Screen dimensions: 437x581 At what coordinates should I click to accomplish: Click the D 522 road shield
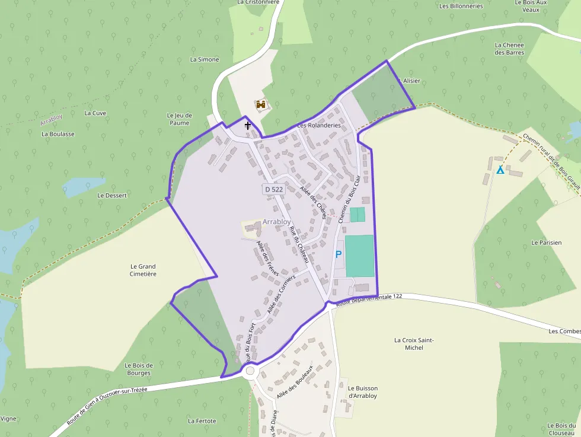tap(274, 189)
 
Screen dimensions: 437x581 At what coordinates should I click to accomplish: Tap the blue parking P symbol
tap(339, 254)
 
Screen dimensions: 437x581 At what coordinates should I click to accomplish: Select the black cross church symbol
tap(248, 126)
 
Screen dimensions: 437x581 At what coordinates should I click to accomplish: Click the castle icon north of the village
tap(260, 105)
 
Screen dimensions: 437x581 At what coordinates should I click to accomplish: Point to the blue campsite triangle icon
tap(500, 170)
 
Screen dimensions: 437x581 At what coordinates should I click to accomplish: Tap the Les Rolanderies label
tap(319, 126)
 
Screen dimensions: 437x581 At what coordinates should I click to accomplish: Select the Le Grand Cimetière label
tap(143, 270)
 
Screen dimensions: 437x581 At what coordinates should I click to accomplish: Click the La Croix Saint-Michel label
tap(414, 344)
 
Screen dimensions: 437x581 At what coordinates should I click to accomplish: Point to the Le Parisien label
tap(546, 243)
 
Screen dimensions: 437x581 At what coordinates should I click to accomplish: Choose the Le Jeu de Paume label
tap(180, 119)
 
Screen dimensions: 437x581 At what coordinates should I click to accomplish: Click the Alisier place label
tap(411, 81)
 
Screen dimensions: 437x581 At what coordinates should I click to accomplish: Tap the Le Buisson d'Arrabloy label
tap(363, 392)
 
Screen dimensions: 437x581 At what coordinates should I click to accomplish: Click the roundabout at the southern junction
tap(250, 372)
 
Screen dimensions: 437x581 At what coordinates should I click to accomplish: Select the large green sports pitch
tap(360, 256)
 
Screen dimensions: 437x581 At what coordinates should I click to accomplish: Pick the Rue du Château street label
tap(299, 243)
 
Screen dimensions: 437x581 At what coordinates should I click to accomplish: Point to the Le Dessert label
tap(112, 195)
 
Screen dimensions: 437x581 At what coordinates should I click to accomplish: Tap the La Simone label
tap(205, 59)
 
